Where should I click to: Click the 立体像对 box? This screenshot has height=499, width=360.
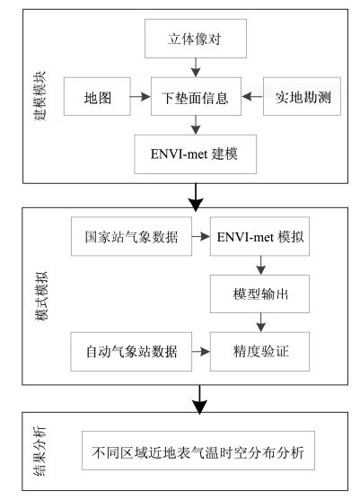(196, 39)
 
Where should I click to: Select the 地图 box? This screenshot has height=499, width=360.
(97, 96)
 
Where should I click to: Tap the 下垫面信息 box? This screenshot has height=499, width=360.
(196, 96)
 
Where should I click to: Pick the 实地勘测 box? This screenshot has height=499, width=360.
(302, 96)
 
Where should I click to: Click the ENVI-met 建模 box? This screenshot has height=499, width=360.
(195, 154)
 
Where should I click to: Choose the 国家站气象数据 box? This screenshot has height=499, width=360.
(131, 236)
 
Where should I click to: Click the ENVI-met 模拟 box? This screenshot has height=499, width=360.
(259, 236)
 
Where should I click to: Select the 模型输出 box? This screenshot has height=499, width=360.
(259, 294)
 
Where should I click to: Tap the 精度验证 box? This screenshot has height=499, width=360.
(259, 352)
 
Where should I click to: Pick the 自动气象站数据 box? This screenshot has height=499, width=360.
(131, 352)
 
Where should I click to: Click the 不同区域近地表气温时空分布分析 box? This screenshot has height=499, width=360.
(198, 451)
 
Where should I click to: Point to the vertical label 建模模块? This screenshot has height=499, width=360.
(40, 96)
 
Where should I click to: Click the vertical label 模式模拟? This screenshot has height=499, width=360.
(41, 296)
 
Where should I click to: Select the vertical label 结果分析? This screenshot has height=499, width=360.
(40, 451)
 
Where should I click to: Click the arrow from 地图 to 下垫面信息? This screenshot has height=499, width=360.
(140, 96)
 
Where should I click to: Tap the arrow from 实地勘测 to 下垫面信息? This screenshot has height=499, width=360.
(252, 96)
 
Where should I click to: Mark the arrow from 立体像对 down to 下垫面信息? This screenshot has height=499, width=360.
(196, 67)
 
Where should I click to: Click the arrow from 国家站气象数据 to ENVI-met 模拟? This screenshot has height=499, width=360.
(201, 236)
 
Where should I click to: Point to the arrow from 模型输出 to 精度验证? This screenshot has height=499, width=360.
(260, 323)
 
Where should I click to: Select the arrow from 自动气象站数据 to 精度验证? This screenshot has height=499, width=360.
(201, 352)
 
